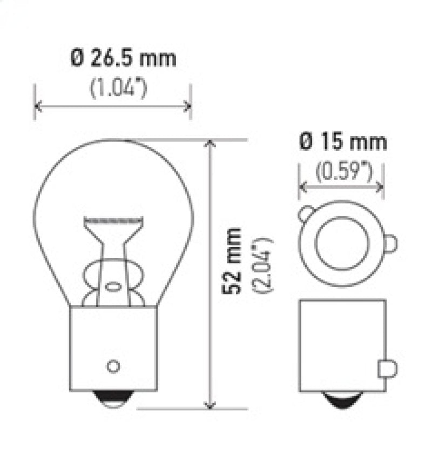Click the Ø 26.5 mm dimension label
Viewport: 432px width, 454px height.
pyautogui.click(x=124, y=58)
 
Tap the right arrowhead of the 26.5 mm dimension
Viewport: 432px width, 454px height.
pyautogui.click(x=188, y=105)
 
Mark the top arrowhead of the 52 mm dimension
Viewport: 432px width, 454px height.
pyautogui.click(x=211, y=143)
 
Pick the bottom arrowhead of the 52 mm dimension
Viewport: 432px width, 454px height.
pyautogui.click(x=211, y=405)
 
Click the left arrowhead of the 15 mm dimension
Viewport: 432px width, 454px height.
pyautogui.click(x=302, y=187)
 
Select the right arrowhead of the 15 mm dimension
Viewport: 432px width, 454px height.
pyautogui.click(x=381, y=187)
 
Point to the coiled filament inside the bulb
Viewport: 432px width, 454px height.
pyautogui.click(x=113, y=221)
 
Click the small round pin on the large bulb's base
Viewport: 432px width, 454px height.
pyautogui.click(x=113, y=366)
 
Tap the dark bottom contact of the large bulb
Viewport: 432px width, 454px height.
pyautogui.click(x=113, y=400)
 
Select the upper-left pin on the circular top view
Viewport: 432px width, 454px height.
pyautogui.click(x=306, y=213)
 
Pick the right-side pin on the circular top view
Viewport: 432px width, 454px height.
pyautogui.click(x=390, y=243)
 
